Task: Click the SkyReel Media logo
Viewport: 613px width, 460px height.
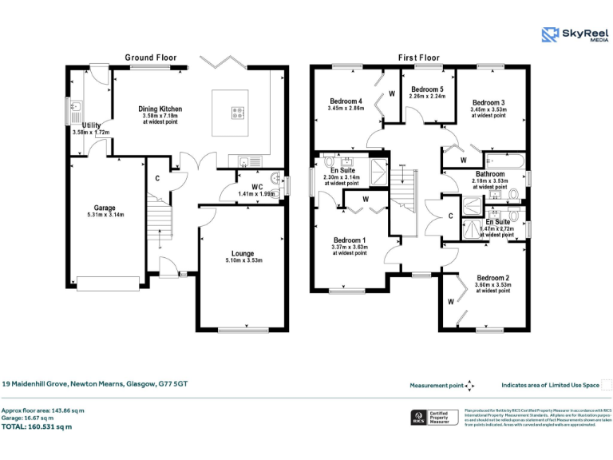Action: (x=574, y=34)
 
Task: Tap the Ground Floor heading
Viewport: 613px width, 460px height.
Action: (x=150, y=57)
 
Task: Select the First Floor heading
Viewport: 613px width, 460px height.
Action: (x=419, y=57)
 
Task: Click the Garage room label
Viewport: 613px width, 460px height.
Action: (x=105, y=208)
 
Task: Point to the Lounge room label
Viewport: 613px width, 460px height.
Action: (x=243, y=253)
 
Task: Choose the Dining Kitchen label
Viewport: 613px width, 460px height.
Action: (x=160, y=109)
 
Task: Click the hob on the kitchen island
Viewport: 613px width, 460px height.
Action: (x=238, y=113)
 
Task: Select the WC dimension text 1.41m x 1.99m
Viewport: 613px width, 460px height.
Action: (x=256, y=194)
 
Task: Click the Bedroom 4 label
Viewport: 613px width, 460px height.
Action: (x=346, y=101)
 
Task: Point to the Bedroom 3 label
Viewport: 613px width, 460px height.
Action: (x=488, y=102)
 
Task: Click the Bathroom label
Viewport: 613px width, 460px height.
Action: (x=490, y=174)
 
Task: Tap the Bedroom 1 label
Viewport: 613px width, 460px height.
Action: (x=350, y=240)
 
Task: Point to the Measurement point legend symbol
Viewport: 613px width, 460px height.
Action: (x=470, y=385)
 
